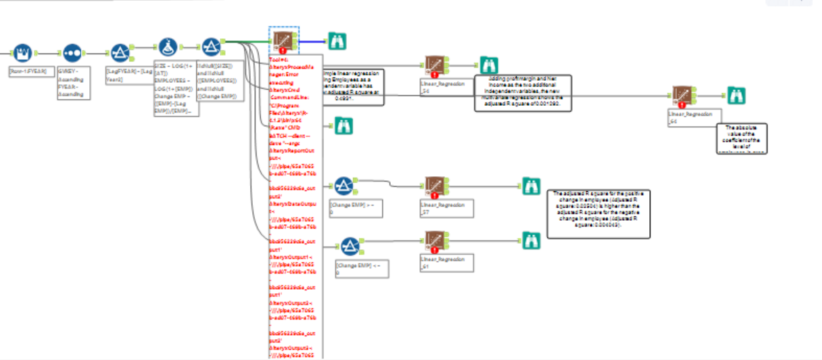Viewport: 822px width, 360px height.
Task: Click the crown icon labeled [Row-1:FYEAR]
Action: [x=22, y=52]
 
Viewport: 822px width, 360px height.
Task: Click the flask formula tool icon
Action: [x=166, y=47]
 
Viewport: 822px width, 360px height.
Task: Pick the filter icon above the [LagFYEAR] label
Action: [x=121, y=52]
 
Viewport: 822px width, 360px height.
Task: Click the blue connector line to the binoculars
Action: [x=313, y=41]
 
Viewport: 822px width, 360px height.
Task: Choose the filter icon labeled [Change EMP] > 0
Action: [x=343, y=186]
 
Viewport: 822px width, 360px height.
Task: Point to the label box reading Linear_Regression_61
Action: [x=447, y=263]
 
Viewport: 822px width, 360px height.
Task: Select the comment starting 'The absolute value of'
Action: [x=742, y=138]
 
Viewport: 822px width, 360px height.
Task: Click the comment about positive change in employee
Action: [x=598, y=213]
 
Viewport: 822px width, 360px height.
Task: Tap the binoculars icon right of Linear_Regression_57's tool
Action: [x=531, y=186]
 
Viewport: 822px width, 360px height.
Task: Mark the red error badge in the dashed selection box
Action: [x=284, y=51]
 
